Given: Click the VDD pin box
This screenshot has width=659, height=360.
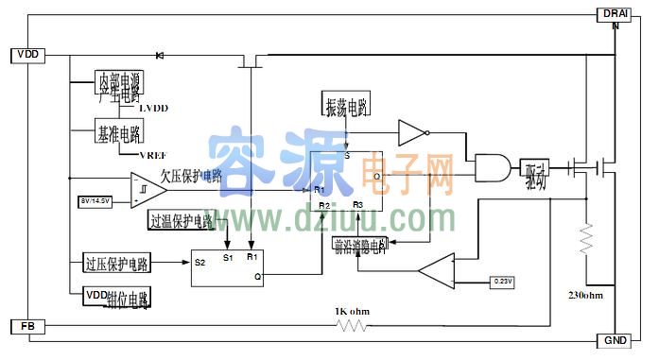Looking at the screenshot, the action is [26, 55].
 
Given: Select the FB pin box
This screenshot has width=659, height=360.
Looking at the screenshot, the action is [26, 326].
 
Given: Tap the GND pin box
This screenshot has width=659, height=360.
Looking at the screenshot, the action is [616, 340].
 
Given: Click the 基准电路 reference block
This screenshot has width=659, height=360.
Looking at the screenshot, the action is [118, 132].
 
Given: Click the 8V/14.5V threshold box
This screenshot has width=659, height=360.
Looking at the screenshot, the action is [96, 199].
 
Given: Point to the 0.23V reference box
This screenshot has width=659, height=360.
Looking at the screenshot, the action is [504, 281].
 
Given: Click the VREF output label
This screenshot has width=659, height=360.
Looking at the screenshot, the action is [153, 154].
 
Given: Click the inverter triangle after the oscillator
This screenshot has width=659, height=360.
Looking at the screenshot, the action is [414, 131].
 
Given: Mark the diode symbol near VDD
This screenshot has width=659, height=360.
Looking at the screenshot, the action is [159, 55].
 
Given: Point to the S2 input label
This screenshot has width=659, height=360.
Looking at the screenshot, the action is [199, 263].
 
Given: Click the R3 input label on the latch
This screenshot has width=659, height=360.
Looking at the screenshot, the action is [358, 204].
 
